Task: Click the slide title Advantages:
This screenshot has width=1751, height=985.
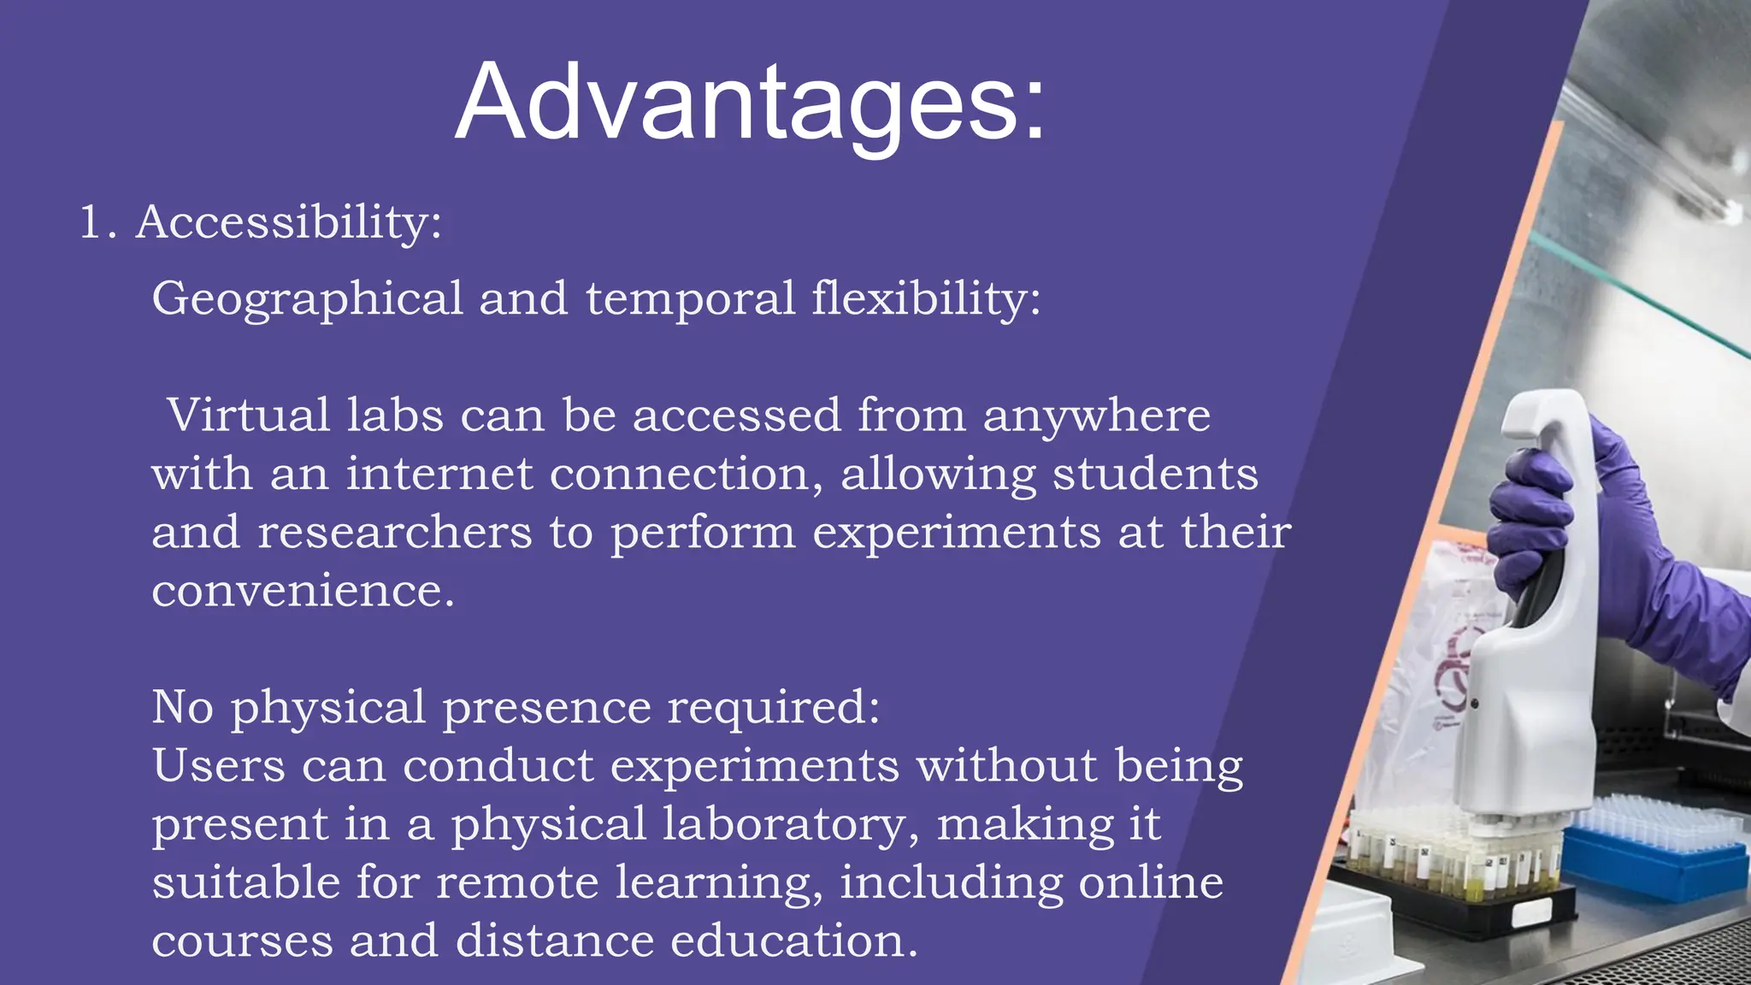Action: (x=751, y=103)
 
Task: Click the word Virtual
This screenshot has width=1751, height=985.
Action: (x=249, y=416)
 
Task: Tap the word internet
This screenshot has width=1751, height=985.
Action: (x=439, y=474)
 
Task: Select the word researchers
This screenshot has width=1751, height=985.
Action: (x=395, y=533)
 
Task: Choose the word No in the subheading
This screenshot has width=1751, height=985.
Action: (x=182, y=707)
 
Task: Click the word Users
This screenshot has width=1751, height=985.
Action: (x=219, y=765)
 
